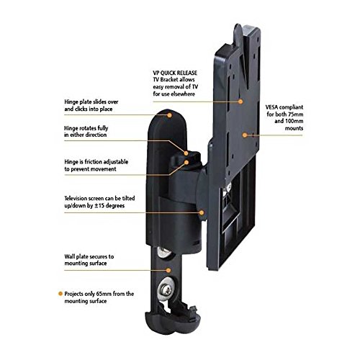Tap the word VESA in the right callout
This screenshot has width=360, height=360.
click(271, 107)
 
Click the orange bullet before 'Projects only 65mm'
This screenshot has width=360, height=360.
click(60, 294)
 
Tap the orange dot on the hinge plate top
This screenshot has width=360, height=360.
click(169, 115)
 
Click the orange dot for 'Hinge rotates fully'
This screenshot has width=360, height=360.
click(186, 153)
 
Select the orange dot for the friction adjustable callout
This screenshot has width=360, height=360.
click(186, 162)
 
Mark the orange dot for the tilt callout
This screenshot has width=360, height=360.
click(202, 212)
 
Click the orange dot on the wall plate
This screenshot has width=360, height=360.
click(168, 271)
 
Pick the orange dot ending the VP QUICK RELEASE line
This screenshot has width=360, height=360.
click(240, 102)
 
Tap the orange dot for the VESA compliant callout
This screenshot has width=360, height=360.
click(245, 135)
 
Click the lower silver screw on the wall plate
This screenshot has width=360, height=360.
click(165, 289)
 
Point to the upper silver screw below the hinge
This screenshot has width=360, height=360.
click(164, 253)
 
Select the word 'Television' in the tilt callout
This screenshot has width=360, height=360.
click(76, 199)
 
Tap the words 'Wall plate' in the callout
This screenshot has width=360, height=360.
click(76, 257)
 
